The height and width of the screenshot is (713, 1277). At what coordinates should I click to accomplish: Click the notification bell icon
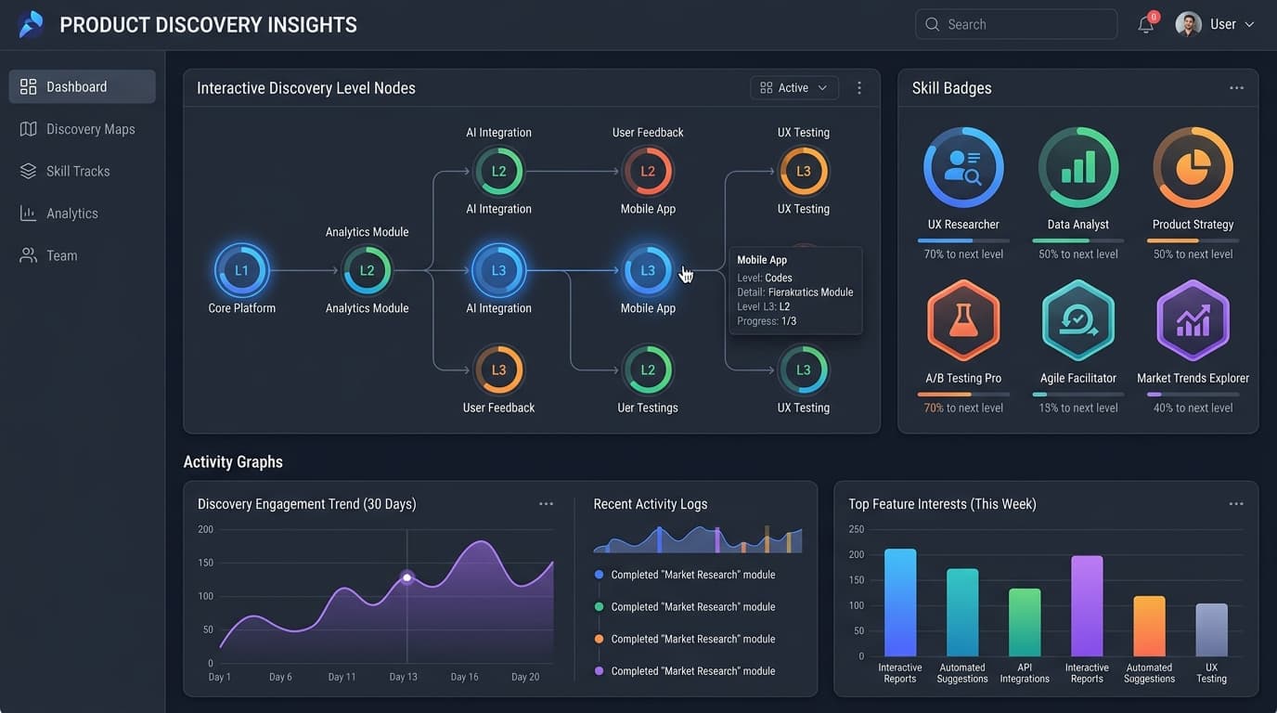pyautogui.click(x=1146, y=24)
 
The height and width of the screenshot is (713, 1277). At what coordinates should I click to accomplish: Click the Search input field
pyautogui.click(x=1016, y=24)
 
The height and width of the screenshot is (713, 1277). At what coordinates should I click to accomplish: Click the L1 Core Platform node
pyautogui.click(x=241, y=270)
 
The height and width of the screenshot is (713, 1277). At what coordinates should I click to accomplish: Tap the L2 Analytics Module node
pyautogui.click(x=368, y=270)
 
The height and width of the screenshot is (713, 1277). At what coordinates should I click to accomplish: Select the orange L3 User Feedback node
pyautogui.click(x=499, y=369)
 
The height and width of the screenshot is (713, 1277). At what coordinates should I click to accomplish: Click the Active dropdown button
pyautogui.click(x=794, y=88)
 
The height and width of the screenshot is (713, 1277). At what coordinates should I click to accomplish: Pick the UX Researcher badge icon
pyautogui.click(x=963, y=167)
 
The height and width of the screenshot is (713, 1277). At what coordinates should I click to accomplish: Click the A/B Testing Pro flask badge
pyautogui.click(x=963, y=320)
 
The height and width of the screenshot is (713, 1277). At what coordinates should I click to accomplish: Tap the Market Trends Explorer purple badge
pyautogui.click(x=1193, y=320)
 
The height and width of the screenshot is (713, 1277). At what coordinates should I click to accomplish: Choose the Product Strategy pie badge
pyautogui.click(x=1193, y=167)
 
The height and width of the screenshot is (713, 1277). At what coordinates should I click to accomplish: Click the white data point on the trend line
pyautogui.click(x=407, y=577)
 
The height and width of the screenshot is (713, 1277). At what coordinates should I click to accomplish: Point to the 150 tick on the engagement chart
pyautogui.click(x=206, y=563)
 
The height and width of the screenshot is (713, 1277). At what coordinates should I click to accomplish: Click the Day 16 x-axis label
pyautogui.click(x=465, y=677)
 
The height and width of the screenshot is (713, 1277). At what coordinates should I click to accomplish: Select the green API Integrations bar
pyautogui.click(x=1025, y=622)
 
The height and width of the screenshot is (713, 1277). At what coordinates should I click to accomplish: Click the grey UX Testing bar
pyautogui.click(x=1211, y=629)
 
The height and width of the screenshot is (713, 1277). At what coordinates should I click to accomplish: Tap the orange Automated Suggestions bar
pyautogui.click(x=1149, y=627)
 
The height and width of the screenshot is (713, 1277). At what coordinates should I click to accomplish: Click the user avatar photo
pyautogui.click(x=1189, y=24)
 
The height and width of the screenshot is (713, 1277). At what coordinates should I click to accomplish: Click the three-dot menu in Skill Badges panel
pyautogui.click(x=1236, y=88)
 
